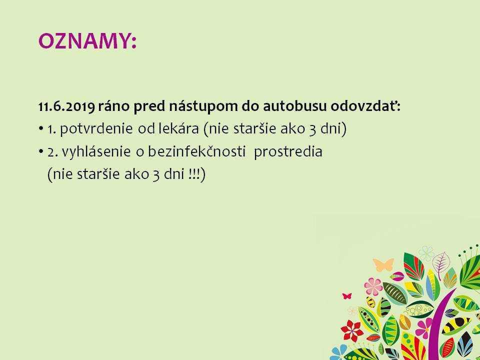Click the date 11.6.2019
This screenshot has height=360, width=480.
click(x=66, y=106)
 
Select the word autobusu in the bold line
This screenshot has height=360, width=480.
click(x=295, y=106)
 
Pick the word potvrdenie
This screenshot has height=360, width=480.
click(x=96, y=129)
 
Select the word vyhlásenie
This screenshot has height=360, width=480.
click(x=96, y=152)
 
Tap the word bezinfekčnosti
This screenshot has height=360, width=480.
click(x=197, y=151)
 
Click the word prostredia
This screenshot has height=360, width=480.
click(x=288, y=152)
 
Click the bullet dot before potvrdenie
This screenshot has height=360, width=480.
click(x=41, y=129)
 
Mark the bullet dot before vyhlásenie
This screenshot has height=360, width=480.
click(x=41, y=152)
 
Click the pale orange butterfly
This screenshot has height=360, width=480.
click(x=383, y=264)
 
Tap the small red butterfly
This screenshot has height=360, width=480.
click(x=347, y=295)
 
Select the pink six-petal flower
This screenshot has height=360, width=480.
click(x=373, y=286)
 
